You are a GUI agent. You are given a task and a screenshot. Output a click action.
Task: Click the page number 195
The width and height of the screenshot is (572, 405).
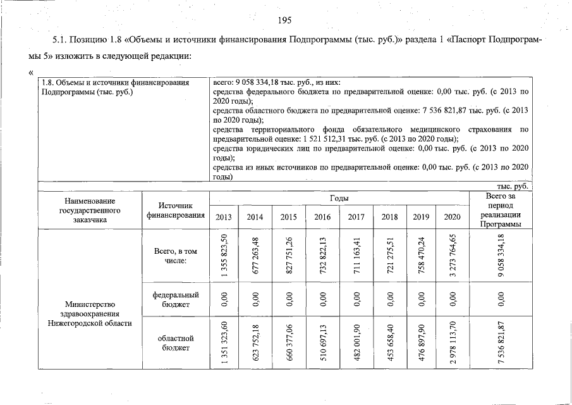click(284, 20)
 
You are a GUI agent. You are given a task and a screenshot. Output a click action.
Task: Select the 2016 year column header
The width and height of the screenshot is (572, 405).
click(322, 217)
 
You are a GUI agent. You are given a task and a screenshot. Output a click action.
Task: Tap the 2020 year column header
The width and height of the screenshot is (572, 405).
click(452, 217)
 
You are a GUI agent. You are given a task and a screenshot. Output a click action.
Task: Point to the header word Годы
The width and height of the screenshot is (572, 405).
click(339, 199)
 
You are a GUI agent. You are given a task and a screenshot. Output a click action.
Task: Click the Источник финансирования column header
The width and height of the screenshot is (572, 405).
click(176, 211)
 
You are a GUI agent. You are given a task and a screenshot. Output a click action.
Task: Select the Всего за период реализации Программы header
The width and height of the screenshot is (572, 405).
click(501, 211)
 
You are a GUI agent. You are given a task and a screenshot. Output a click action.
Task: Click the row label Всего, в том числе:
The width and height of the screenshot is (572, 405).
click(176, 256)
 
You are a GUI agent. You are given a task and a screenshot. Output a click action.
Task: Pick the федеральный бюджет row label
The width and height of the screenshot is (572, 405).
click(176, 300)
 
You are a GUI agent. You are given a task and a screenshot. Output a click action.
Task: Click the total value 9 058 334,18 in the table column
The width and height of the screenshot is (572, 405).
click(501, 256)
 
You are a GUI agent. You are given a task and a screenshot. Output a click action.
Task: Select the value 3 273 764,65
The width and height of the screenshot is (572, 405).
click(452, 256)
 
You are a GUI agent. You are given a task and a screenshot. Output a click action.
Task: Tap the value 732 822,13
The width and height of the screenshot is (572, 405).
click(322, 256)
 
